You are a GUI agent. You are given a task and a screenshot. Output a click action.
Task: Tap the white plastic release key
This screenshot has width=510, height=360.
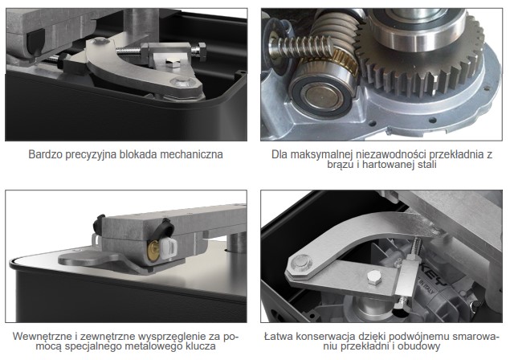pos(169,248)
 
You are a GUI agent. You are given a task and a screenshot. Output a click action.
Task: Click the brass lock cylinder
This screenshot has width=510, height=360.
pos(153,251)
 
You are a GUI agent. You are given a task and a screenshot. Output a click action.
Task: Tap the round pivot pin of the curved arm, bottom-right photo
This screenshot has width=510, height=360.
pos(300,262)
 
